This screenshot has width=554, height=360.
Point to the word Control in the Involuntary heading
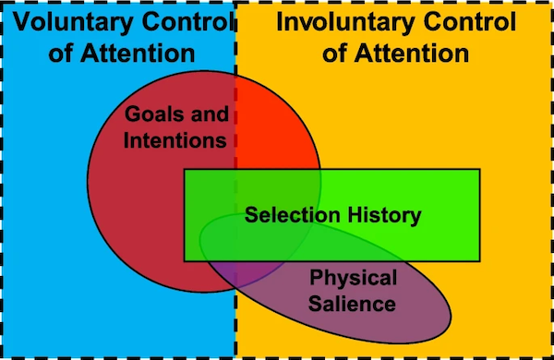pos(470,22)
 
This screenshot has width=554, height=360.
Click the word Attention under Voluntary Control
pos(138,54)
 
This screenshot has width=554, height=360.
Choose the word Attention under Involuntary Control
pos(412,54)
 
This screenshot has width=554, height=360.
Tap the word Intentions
pos(175,140)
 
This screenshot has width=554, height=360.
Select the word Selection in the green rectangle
pos(293,215)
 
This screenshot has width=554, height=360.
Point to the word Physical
pos(354,279)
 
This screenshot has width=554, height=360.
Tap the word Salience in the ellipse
pos(352,304)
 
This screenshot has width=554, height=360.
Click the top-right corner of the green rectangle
pos(479,170)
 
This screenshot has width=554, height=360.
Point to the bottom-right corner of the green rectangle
pos(479,261)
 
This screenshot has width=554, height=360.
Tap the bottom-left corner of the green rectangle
pos(185,261)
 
